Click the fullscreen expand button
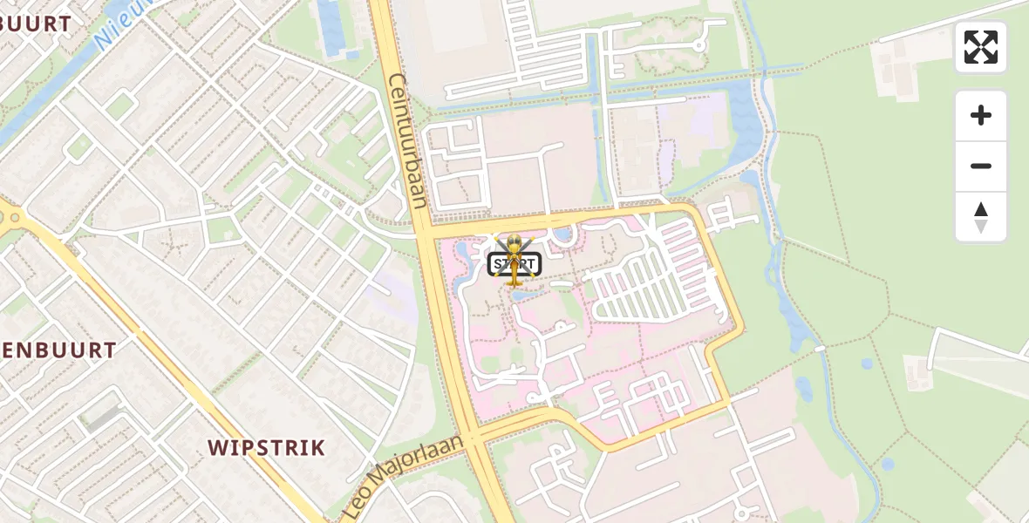point(981,47)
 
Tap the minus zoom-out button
point(981,166)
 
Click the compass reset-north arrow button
point(981,217)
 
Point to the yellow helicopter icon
point(514,261)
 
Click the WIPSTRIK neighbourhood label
point(266,448)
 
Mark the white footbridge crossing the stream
point(819,349)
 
